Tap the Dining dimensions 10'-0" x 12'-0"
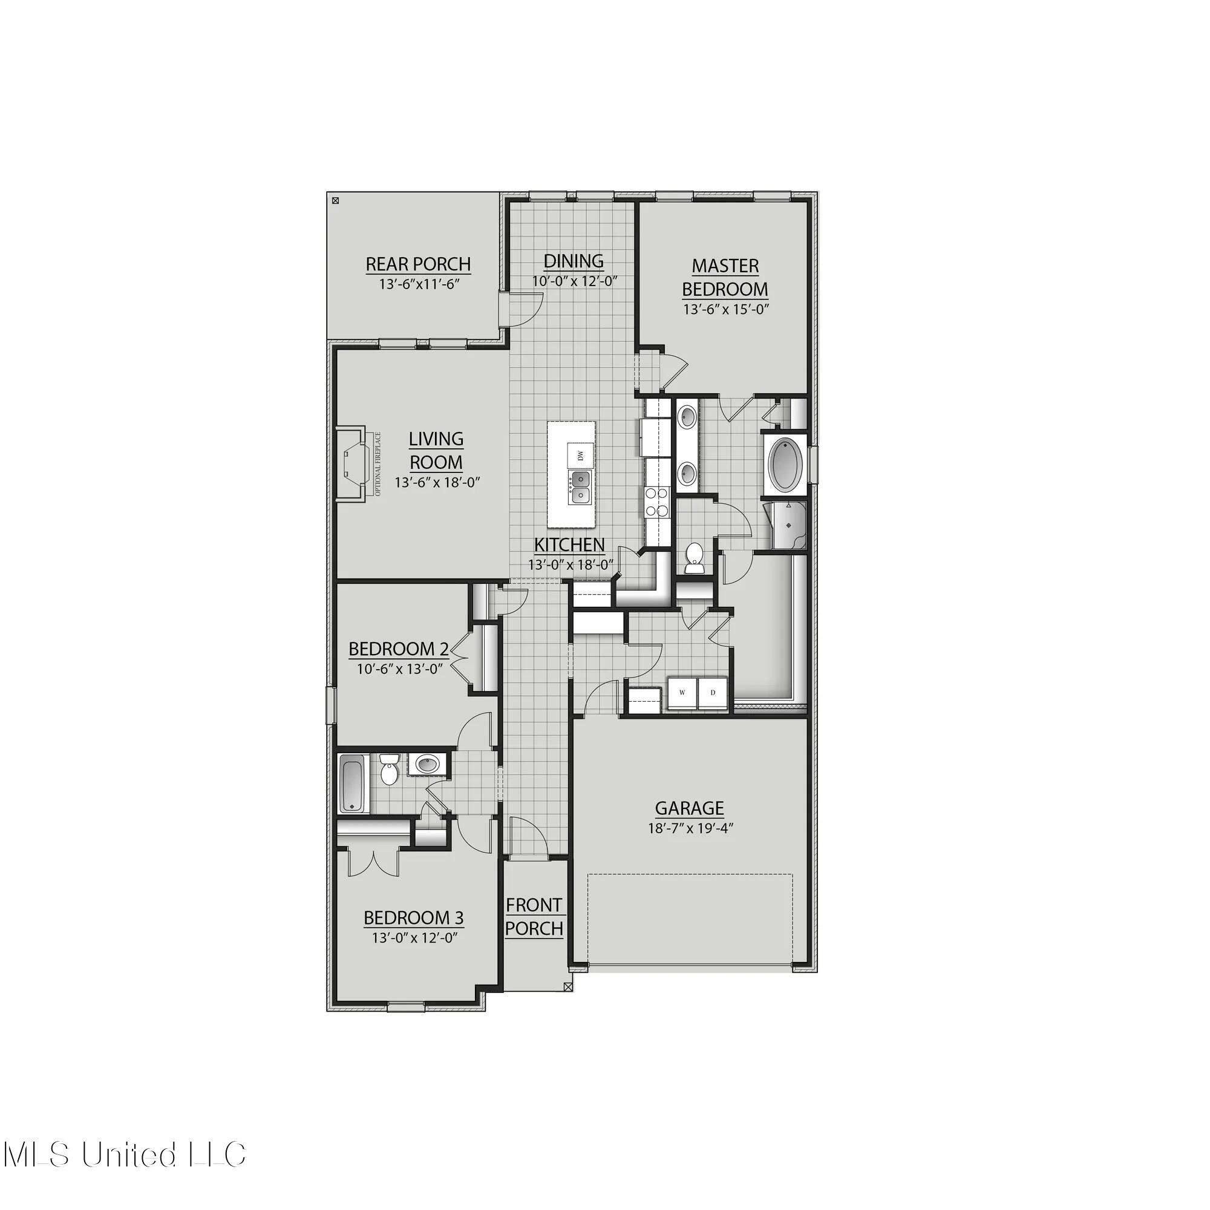[575, 281]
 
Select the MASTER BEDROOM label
[725, 278]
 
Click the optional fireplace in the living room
[351, 464]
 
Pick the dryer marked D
[712, 693]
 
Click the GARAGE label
[689, 808]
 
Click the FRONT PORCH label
[534, 916]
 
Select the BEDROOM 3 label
[413, 918]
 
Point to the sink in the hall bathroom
[428, 764]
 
